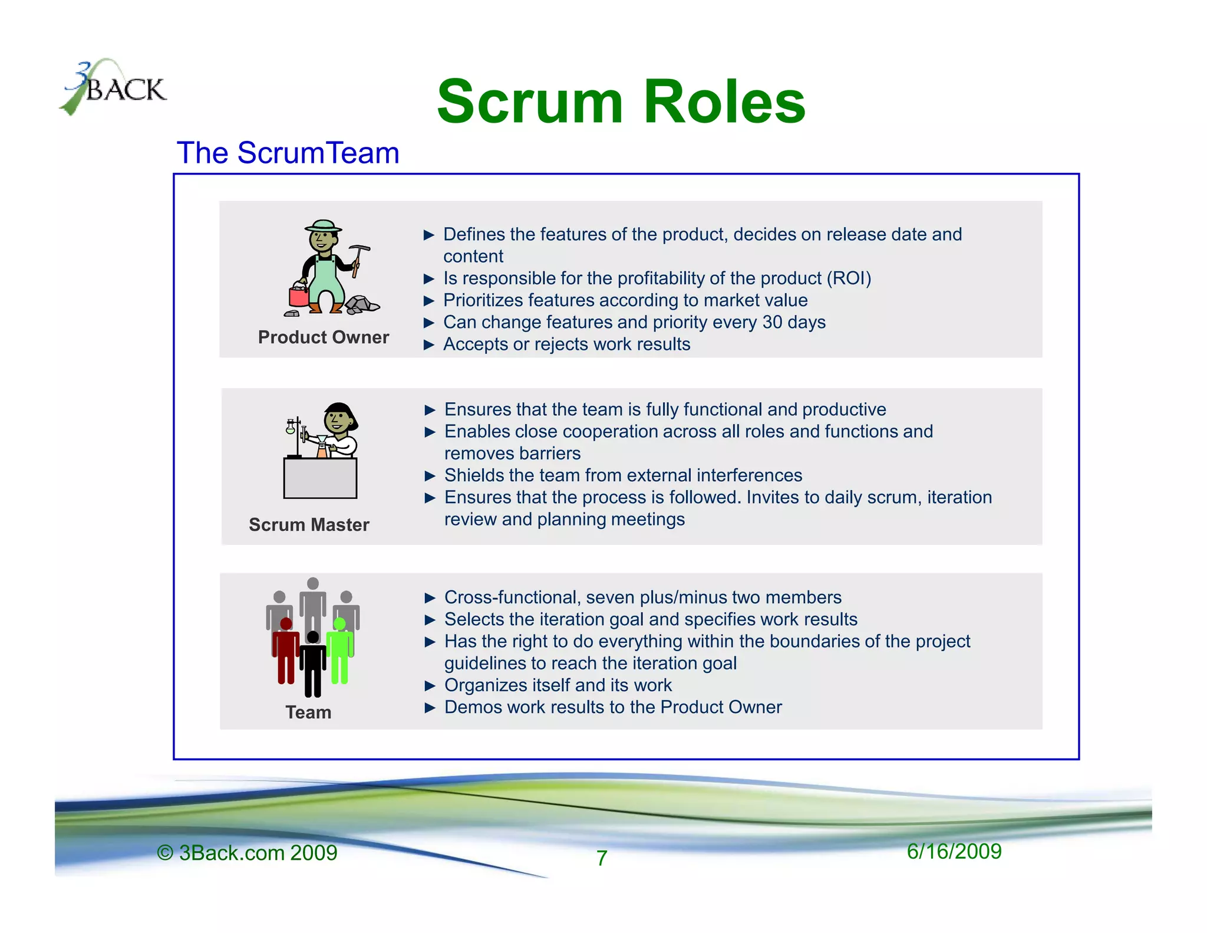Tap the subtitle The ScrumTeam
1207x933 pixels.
click(x=288, y=153)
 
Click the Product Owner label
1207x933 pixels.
click(x=324, y=337)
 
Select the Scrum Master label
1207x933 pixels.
click(x=309, y=525)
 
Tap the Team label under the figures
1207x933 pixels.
click(x=308, y=712)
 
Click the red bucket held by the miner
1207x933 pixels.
click(x=299, y=295)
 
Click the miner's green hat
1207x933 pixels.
click(x=323, y=226)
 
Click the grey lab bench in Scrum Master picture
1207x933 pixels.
click(x=320, y=478)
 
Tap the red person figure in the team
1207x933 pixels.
click(x=286, y=651)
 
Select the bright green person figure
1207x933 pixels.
click(x=340, y=651)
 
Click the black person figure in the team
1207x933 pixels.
click(x=313, y=664)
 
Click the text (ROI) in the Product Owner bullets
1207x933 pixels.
click(x=849, y=278)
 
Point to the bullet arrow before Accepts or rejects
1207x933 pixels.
click(x=429, y=345)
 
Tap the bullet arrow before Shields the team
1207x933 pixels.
click(x=430, y=476)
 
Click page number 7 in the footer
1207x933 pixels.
click(x=601, y=858)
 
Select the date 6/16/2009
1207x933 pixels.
click(x=954, y=852)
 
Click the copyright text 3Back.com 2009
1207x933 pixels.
click(x=248, y=853)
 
